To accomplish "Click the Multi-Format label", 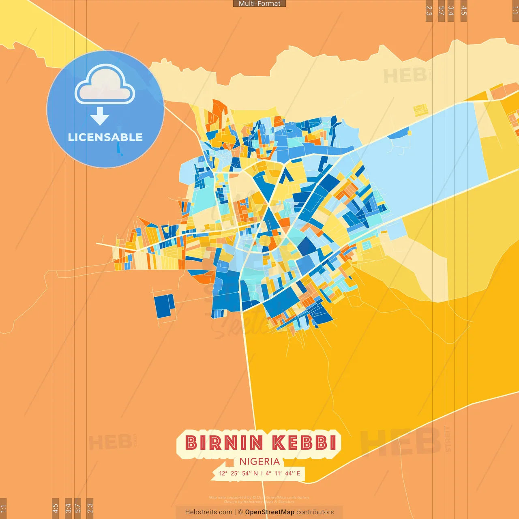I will click(259, 4).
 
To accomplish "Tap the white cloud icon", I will click(105, 84).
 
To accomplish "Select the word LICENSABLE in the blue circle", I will click(105, 137).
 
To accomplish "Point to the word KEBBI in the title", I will click(304, 443).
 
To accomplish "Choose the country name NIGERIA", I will click(259, 461).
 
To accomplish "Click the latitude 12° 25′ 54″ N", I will click(238, 473).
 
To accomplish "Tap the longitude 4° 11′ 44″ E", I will click(283, 473).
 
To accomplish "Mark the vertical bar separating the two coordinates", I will click(262, 473).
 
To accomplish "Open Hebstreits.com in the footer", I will click(208, 512).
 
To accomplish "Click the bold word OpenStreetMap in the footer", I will click(270, 512).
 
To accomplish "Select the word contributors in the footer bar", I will click(315, 512).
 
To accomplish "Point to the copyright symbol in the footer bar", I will click(240, 512).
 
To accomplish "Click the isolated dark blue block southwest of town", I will click(164, 306).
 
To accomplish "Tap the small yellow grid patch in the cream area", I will click(421, 110).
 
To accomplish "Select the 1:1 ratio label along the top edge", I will click(515, 10).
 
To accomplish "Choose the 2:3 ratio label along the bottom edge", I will click(90, 508).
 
